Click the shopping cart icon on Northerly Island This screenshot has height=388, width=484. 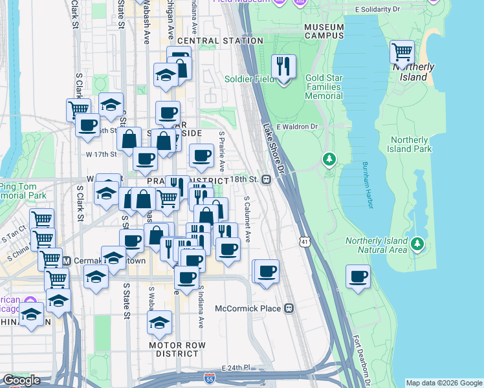coord(402,52)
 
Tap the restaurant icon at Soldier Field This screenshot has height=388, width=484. coord(283,66)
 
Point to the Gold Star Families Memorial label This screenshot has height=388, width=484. coord(314,87)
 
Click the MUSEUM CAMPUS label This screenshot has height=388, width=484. coord(324,31)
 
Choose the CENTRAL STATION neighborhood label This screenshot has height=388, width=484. coord(220,41)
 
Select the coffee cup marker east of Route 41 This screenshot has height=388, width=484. coord(358,277)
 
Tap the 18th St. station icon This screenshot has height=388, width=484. coord(266,179)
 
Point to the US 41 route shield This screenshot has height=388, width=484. coord(303,241)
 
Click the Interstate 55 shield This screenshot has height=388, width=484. coord(209,377)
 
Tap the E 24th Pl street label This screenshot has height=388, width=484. coord(236,367)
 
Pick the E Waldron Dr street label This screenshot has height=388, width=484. coord(299,127)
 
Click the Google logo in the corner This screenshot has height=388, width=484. coord(21,380)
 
